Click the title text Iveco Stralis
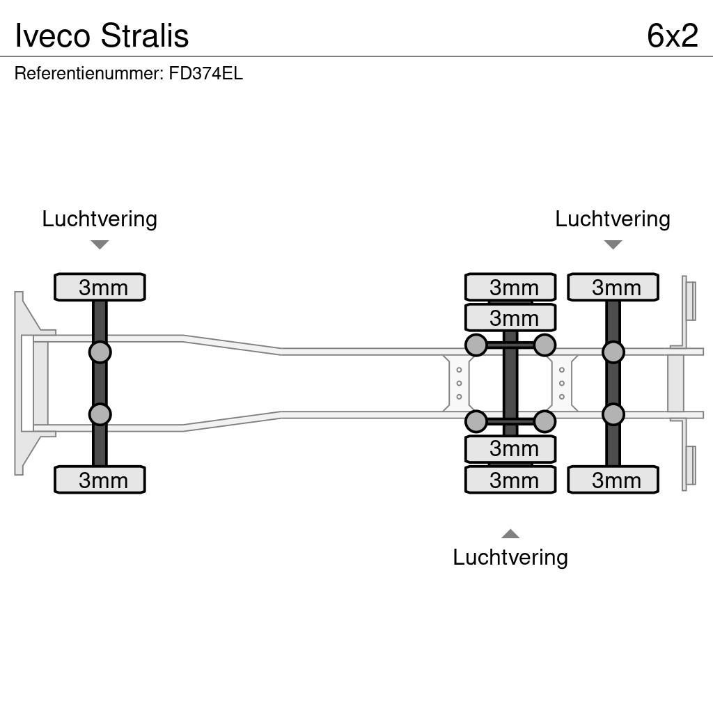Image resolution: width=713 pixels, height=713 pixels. click(102, 36)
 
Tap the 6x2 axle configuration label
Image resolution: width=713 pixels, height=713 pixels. click(672, 36)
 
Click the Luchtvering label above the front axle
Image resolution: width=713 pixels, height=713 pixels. click(100, 219)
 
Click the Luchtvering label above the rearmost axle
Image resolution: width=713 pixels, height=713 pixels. click(612, 219)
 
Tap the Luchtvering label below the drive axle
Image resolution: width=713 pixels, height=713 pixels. click(510, 557)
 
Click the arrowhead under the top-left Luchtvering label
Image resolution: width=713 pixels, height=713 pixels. click(100, 244)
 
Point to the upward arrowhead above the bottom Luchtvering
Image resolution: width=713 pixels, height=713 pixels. click(510, 534)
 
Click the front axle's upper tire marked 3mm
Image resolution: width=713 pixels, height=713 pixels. click(100, 287)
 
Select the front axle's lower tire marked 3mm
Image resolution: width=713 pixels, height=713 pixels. click(100, 480)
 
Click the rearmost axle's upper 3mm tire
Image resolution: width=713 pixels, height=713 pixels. click(613, 287)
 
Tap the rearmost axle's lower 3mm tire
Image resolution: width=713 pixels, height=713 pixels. click(613, 480)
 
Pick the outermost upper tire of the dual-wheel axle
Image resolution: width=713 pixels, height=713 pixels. click(510, 287)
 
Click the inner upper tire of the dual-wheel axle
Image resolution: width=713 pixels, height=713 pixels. click(510, 318)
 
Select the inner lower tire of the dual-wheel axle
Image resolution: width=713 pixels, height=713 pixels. click(510, 449)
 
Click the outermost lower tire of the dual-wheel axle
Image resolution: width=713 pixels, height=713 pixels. click(510, 480)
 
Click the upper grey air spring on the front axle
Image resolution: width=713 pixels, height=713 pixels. click(100, 352)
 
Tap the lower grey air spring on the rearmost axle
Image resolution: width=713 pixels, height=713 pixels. click(613, 415)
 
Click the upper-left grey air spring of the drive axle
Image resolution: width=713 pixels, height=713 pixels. click(476, 345)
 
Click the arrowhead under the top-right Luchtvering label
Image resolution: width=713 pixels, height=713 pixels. click(613, 244)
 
